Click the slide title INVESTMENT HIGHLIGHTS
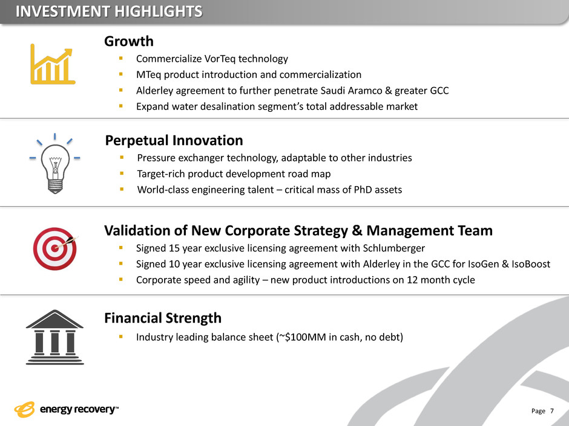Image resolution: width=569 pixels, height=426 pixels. tap(109, 11)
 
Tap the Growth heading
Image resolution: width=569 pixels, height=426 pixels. tap(129, 41)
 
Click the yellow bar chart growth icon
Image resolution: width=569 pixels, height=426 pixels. tap(53, 64)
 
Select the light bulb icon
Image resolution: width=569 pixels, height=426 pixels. tap(55, 164)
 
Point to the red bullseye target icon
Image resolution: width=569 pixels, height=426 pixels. tap(55, 248)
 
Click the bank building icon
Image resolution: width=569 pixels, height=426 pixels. tap(55, 337)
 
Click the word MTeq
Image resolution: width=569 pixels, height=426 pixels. tap(149, 74)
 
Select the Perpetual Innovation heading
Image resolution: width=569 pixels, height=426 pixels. tap(174, 141)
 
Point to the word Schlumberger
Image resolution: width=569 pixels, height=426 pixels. tap(393, 248)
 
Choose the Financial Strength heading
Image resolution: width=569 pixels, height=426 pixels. tap(163, 318)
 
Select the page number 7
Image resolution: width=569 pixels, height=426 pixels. tap(552, 411)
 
